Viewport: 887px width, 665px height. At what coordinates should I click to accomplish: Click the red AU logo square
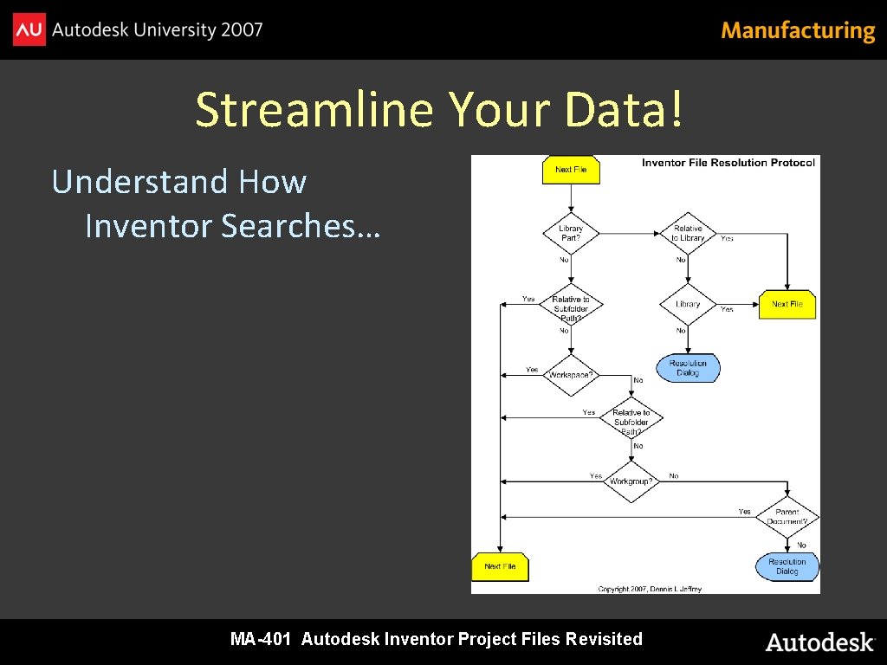(x=29, y=30)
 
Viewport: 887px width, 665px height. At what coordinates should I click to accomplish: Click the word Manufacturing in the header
(x=798, y=31)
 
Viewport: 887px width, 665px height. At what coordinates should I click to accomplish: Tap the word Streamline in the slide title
(x=314, y=109)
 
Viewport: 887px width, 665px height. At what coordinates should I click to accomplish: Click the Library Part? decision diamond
(x=571, y=233)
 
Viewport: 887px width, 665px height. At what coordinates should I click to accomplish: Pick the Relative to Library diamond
(x=688, y=233)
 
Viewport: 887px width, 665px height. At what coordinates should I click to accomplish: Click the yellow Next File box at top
(x=571, y=170)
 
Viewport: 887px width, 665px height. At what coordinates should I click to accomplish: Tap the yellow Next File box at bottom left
(x=500, y=566)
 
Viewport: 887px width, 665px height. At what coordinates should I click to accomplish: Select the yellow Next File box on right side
(x=787, y=304)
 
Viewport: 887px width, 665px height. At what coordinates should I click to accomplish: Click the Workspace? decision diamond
(x=571, y=375)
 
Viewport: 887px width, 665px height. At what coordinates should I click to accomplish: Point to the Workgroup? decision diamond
(x=631, y=481)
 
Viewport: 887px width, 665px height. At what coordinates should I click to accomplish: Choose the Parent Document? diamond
(x=787, y=517)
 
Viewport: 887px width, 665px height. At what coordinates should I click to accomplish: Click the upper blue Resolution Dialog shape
(x=688, y=368)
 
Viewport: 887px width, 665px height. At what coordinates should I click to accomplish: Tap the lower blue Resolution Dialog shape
(x=787, y=566)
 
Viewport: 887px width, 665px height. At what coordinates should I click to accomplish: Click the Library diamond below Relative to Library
(x=688, y=304)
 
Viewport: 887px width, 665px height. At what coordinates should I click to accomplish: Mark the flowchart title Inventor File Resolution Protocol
(x=728, y=163)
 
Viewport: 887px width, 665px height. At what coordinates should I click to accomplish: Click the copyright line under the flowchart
(x=650, y=589)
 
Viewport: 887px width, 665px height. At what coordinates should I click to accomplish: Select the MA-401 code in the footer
(x=260, y=640)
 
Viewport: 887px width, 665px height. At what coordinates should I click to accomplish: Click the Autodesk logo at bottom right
(x=819, y=642)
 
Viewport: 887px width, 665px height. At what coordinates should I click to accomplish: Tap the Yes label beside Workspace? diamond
(x=532, y=370)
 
